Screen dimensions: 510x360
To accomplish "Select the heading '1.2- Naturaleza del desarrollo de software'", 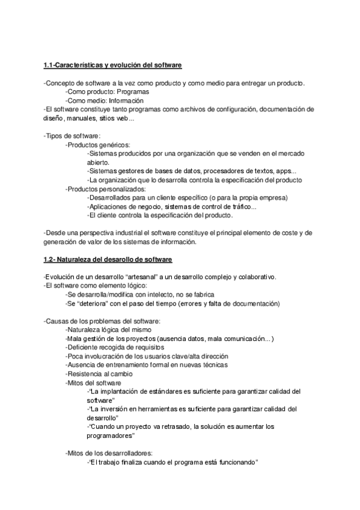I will coord(108,259).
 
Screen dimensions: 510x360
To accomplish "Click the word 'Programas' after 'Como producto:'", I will coord(132,92).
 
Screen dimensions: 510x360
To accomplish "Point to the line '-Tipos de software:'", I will coord(72,137).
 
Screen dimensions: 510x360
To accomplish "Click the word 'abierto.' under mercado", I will coord(98,162).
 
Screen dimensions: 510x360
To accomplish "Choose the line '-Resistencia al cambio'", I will coord(99,373).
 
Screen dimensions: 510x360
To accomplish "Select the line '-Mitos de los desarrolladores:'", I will coord(109,453).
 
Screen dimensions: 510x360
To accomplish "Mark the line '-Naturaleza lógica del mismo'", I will coord(108,330).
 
